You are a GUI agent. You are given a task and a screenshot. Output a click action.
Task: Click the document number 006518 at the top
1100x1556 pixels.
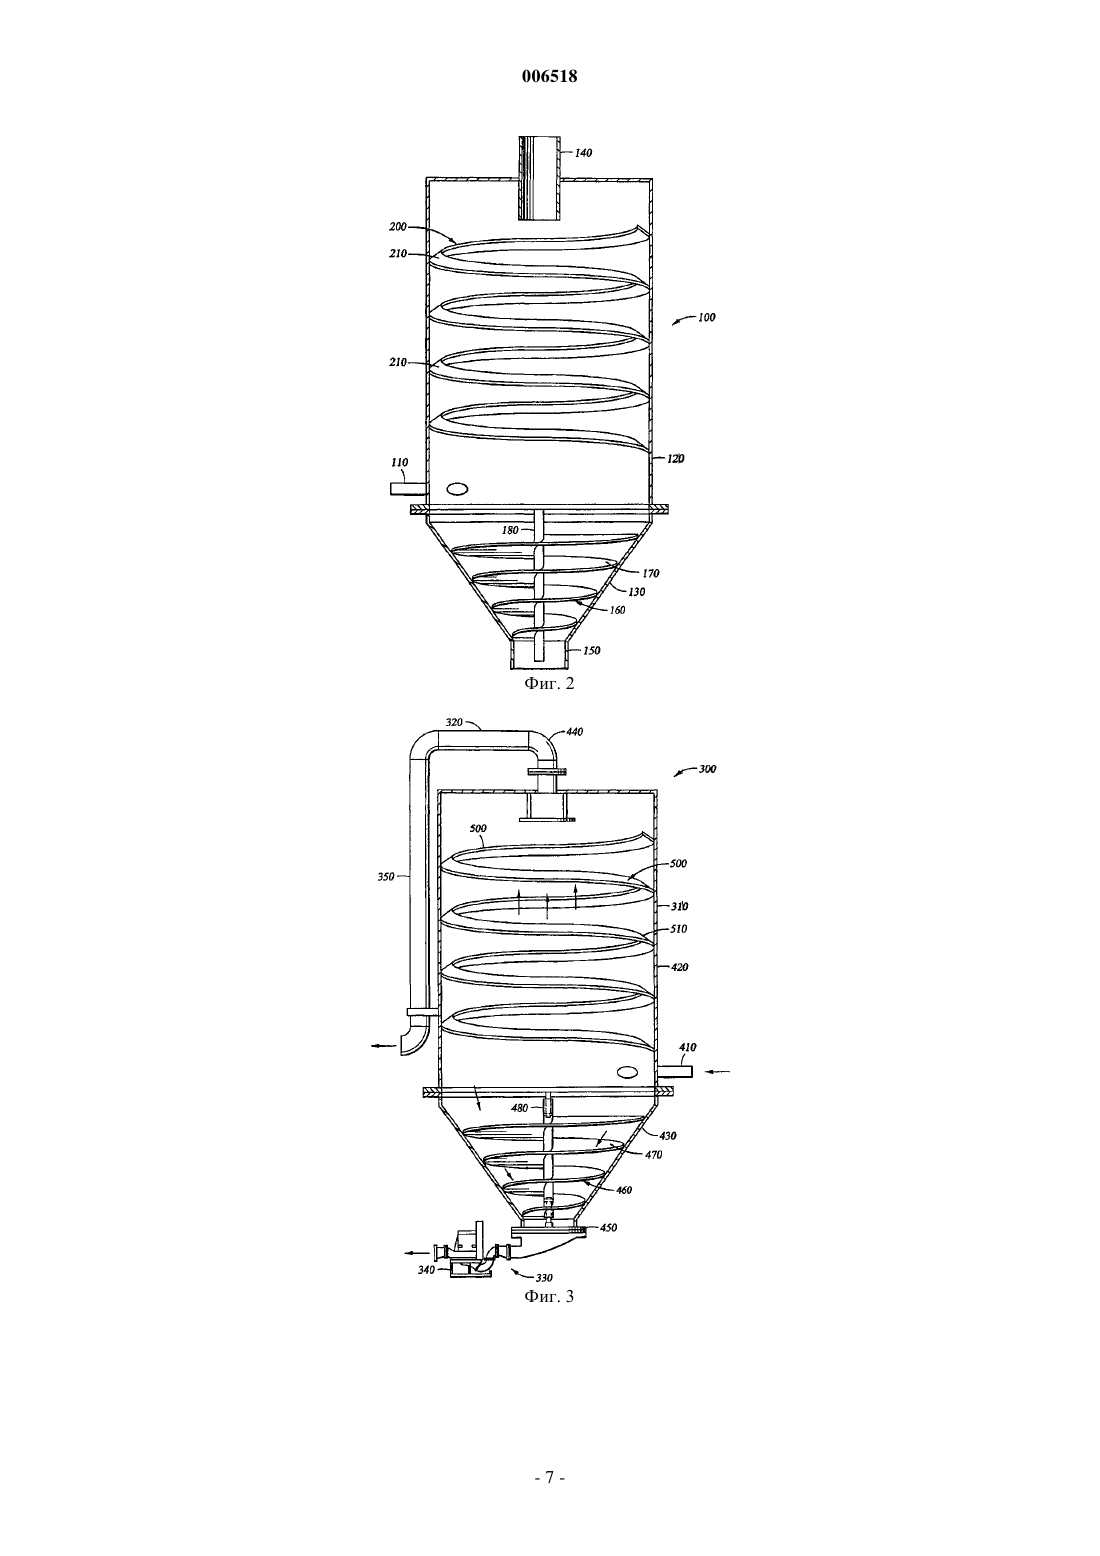click(x=549, y=76)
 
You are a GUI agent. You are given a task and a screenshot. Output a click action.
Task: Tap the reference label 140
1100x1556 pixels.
click(x=583, y=153)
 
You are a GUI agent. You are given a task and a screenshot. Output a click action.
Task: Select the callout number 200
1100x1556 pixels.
click(x=398, y=226)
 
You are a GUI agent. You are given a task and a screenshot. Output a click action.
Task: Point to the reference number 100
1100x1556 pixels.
click(x=706, y=317)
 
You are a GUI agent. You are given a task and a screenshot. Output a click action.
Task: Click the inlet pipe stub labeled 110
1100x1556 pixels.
click(x=408, y=489)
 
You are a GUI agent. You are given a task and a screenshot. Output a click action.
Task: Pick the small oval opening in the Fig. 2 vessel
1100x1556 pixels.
click(x=458, y=488)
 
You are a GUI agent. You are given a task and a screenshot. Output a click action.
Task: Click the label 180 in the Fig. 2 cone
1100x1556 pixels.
click(x=510, y=530)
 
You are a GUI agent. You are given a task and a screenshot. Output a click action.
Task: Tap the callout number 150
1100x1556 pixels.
click(x=592, y=651)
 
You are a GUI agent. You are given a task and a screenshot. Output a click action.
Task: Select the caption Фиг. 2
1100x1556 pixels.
click(x=549, y=684)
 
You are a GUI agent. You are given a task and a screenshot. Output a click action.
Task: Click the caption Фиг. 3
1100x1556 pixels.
click(x=549, y=1296)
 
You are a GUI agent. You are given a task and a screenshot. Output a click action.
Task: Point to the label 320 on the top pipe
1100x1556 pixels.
click(x=453, y=722)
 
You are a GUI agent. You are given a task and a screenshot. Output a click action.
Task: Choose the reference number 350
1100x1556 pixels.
click(x=386, y=877)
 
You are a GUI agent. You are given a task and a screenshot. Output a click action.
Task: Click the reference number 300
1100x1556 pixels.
click(x=708, y=769)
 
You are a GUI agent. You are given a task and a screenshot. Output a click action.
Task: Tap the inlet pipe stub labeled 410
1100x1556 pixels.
click(x=674, y=1071)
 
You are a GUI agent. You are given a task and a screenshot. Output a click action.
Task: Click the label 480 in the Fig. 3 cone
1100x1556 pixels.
click(x=519, y=1109)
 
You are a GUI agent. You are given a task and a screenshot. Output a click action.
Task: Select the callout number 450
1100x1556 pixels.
click(x=608, y=1227)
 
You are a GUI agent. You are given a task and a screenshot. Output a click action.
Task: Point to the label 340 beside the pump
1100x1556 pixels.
click(x=426, y=1270)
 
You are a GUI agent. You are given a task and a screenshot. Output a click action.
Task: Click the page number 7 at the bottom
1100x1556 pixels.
click(x=549, y=1478)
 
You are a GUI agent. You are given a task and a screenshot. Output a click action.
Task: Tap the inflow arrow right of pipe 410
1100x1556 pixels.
click(x=717, y=1072)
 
